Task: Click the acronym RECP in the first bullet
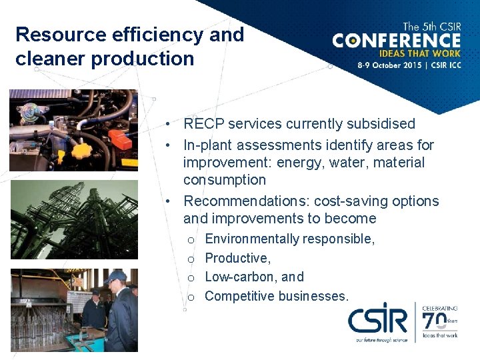click(205, 124)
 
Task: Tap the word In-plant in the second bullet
click(209, 145)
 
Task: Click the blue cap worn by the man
click(115, 275)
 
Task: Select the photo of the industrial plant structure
click(74, 219)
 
